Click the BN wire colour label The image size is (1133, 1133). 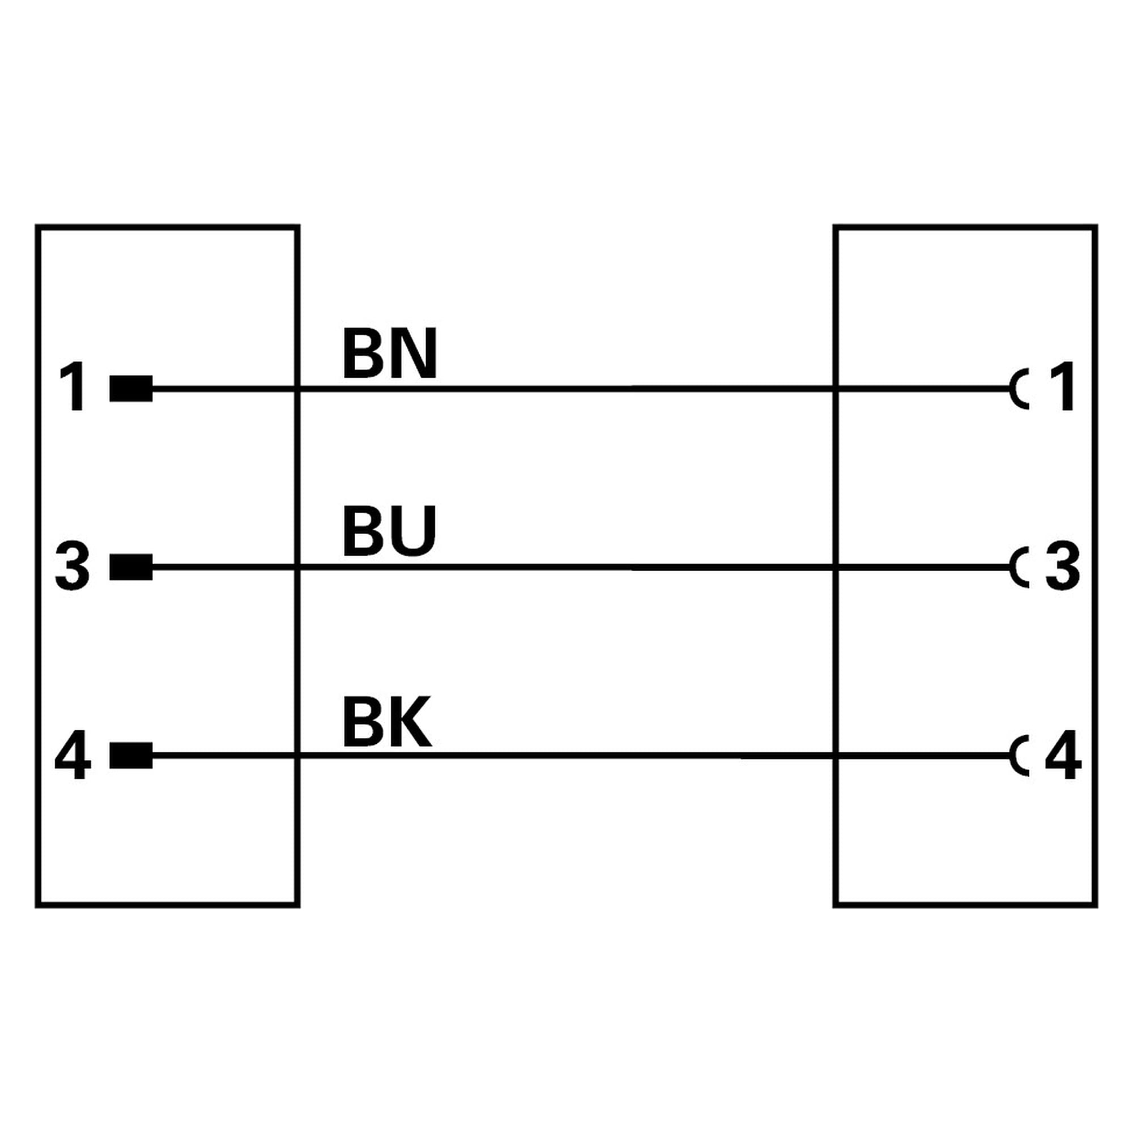click(390, 353)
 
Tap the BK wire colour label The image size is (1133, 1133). click(387, 722)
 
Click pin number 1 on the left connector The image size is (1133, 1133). click(74, 387)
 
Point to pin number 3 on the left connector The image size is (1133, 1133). click(72, 566)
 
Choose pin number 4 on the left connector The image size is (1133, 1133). click(73, 755)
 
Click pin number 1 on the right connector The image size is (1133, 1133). click(1063, 386)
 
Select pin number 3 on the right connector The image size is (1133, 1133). click(1063, 566)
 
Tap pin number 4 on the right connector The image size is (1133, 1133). click(1063, 755)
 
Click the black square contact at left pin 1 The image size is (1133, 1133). click(131, 388)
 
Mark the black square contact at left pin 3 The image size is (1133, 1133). click(131, 567)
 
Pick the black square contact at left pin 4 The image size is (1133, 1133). click(131, 755)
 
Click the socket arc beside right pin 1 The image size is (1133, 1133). click(1013, 388)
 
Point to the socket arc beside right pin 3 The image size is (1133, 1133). click(1013, 567)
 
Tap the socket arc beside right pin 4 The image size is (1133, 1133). click(1013, 755)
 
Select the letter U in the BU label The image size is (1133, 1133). click(415, 531)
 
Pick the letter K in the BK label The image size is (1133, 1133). click(412, 722)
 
